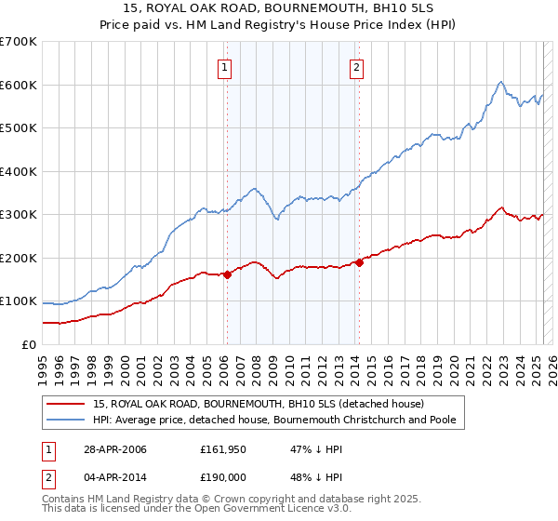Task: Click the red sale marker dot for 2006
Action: point(227,274)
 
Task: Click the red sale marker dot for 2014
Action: point(358,262)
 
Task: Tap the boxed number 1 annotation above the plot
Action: point(226,66)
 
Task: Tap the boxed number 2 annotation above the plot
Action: point(357,66)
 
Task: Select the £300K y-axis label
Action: point(19,215)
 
